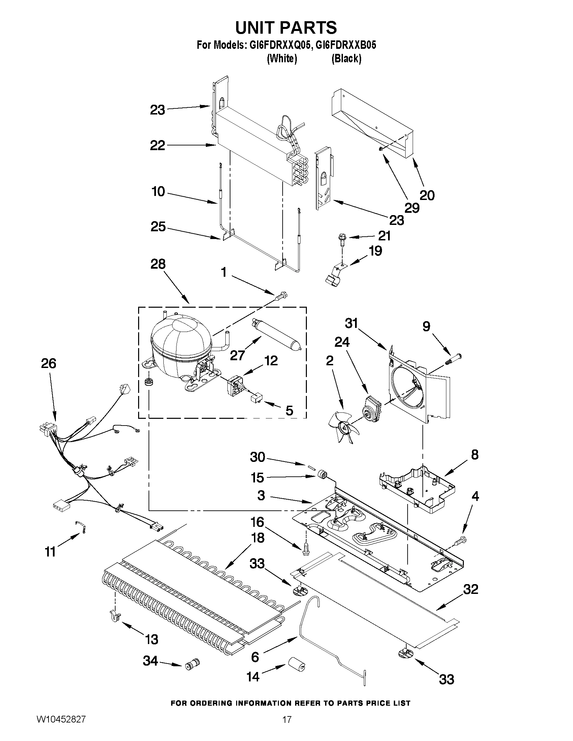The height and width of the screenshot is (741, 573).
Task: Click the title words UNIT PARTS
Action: pyautogui.click(x=286, y=28)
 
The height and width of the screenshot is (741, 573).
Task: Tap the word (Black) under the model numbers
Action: pyautogui.click(x=346, y=59)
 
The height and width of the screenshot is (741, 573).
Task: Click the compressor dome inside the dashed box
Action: pyautogui.click(x=180, y=343)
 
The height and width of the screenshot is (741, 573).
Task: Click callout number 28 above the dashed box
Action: pyautogui.click(x=158, y=264)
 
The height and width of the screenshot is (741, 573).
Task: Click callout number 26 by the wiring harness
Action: pyautogui.click(x=49, y=363)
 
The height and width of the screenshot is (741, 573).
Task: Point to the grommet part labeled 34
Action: pyautogui.click(x=192, y=664)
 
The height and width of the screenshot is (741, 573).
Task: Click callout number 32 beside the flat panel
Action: pyautogui.click(x=470, y=589)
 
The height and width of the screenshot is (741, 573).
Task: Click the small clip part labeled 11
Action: pyautogui.click(x=81, y=527)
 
